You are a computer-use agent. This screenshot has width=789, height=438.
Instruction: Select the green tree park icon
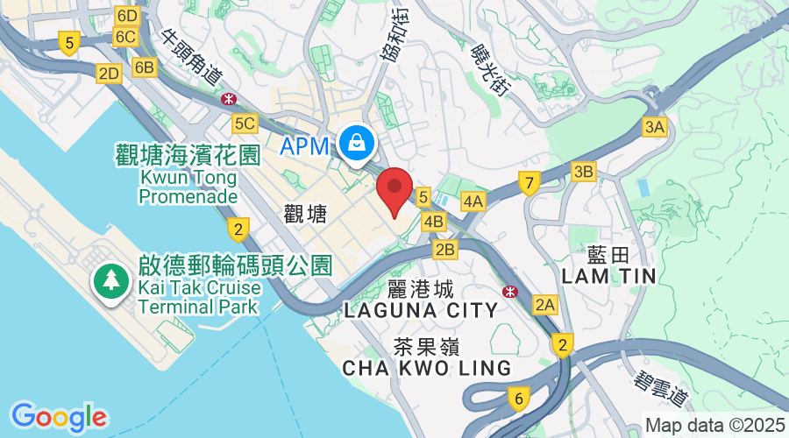[111, 282]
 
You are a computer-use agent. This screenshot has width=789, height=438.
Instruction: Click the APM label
[305, 145]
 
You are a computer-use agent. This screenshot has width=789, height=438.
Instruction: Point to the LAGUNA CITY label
[421, 309]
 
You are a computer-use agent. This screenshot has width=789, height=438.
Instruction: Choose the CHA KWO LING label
[426, 367]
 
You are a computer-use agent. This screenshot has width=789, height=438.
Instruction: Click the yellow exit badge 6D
[127, 16]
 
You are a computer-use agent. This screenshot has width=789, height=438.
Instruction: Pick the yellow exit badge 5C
[245, 124]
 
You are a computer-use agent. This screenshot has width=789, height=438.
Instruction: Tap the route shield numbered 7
[528, 183]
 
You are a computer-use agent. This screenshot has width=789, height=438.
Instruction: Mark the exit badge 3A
[654, 127]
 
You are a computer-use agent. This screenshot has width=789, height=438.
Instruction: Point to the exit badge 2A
[545, 304]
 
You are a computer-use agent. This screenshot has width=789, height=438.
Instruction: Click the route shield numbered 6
[519, 399]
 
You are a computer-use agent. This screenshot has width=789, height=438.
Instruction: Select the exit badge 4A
[473, 201]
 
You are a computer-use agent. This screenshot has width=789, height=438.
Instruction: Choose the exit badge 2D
[109, 74]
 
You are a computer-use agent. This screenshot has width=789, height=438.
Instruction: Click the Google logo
[59, 416]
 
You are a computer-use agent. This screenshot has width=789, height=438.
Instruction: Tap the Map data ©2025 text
[714, 425]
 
